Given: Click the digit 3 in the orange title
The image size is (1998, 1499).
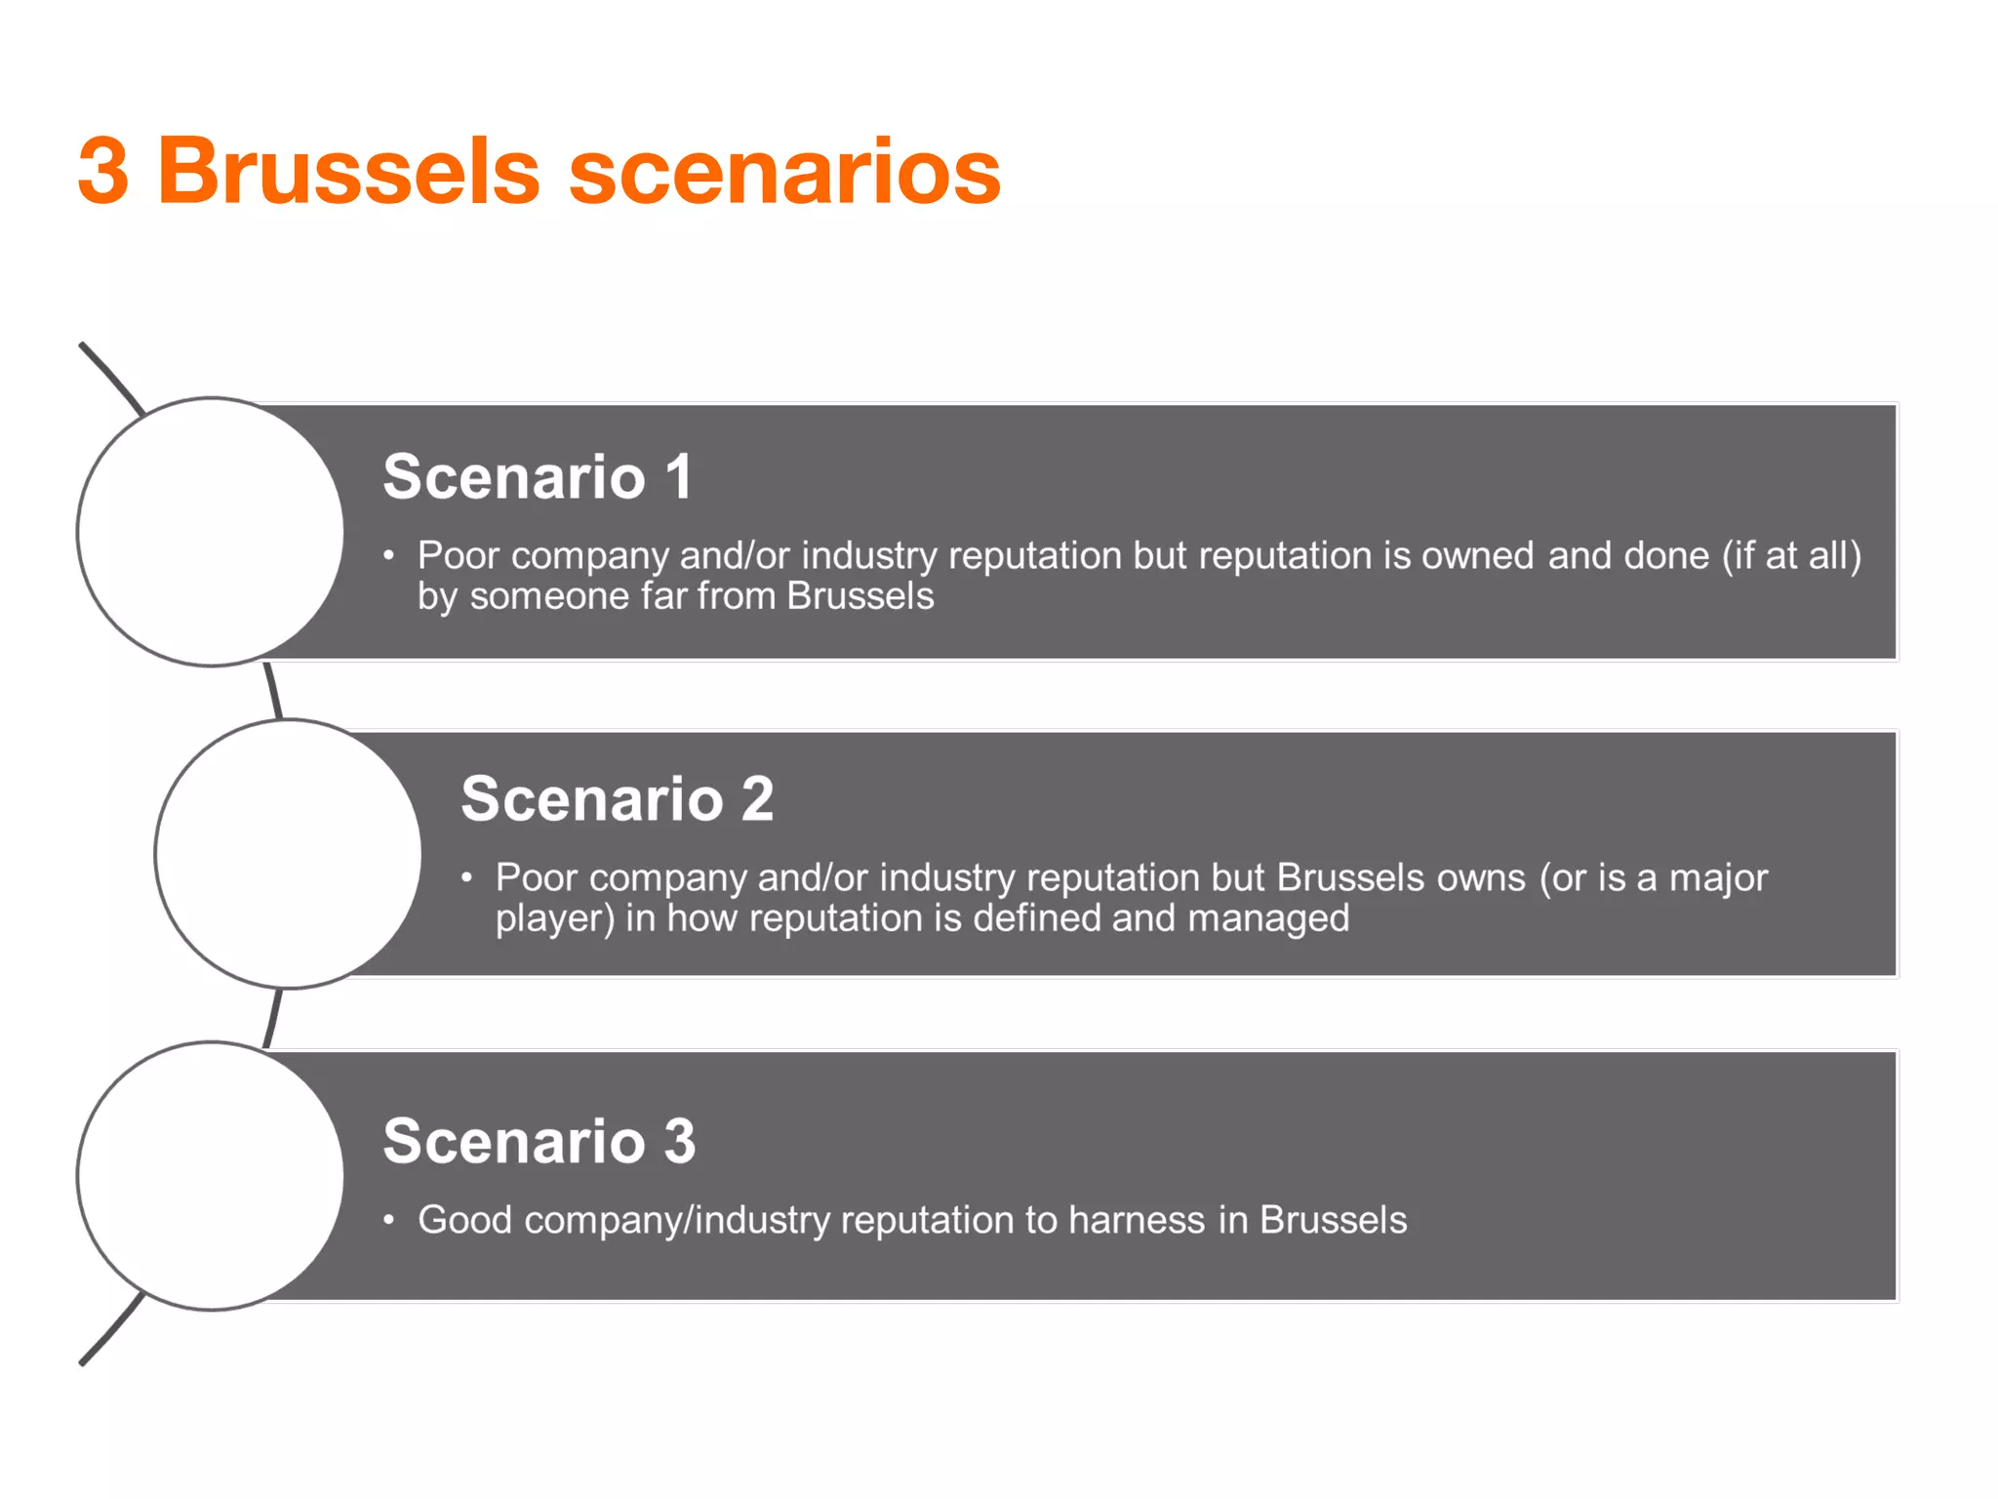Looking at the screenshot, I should tap(103, 172).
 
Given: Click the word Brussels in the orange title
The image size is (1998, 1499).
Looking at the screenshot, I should tap(348, 172).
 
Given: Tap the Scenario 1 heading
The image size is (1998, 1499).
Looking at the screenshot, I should tap(538, 477).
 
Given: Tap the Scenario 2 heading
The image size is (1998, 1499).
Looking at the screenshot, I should tap(617, 799).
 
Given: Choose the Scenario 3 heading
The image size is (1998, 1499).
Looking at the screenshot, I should tap(539, 1141).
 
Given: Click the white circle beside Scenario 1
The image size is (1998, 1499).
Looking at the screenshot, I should tap(211, 532).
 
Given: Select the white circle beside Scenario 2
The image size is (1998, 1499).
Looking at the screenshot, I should tap(289, 854).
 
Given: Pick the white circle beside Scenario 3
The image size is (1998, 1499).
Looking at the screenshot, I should tap(211, 1176).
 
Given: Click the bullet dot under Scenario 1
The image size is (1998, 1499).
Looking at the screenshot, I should tap(388, 556).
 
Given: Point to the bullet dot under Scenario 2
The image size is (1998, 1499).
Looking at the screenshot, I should tap(467, 878).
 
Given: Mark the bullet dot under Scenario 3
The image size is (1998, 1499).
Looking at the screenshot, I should tap(388, 1220).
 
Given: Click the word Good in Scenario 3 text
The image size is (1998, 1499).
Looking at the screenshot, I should tap(464, 1220).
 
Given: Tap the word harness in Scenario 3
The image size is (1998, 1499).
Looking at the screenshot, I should tap(1137, 1220).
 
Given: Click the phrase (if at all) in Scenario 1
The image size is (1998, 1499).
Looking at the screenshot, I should tap(1792, 556).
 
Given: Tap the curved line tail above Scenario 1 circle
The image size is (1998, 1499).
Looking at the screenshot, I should tap(109, 375).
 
